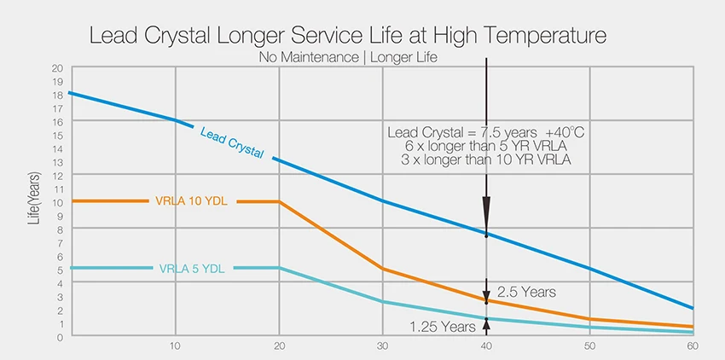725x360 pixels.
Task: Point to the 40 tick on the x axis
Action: (486, 348)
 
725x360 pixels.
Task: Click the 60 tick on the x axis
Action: (693, 348)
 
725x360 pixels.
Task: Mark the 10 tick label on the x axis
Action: (175, 348)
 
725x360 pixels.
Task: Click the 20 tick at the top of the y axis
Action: (57, 67)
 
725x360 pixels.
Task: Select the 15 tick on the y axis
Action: (57, 135)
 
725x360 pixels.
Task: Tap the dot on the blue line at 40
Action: (486, 235)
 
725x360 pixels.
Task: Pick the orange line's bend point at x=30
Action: (382, 269)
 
